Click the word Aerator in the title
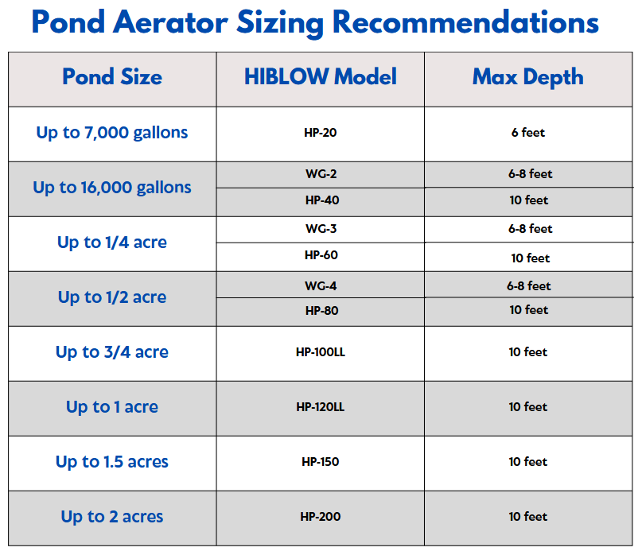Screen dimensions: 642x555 pyautogui.click(x=171, y=22)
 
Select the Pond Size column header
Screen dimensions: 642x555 pyautogui.click(x=112, y=76)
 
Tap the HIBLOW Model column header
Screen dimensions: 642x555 pyautogui.click(x=321, y=76)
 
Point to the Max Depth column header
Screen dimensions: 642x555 pyautogui.click(x=528, y=77)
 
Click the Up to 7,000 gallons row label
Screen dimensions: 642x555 pyautogui.click(x=112, y=133)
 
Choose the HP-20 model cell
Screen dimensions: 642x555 pyautogui.click(x=320, y=133)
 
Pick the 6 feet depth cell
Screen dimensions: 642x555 pyautogui.click(x=528, y=133)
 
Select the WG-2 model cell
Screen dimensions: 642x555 pyautogui.click(x=321, y=174)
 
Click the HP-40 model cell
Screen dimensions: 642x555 pyautogui.click(x=322, y=200)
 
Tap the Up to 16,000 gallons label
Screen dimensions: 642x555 pyautogui.click(x=112, y=188)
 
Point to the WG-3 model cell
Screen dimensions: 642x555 pyautogui.click(x=321, y=229)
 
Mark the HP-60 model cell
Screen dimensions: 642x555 pyautogui.click(x=321, y=255)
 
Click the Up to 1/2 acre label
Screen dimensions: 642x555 pyautogui.click(x=112, y=297)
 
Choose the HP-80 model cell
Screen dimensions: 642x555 pyautogui.click(x=322, y=311)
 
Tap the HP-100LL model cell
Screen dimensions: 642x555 pyautogui.click(x=321, y=352)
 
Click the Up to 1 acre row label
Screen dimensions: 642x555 pyautogui.click(x=112, y=407)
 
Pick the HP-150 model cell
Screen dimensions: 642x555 pyautogui.click(x=321, y=462)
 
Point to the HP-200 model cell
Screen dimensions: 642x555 pyautogui.click(x=321, y=517)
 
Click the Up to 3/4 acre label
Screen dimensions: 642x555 pyautogui.click(x=112, y=352)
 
